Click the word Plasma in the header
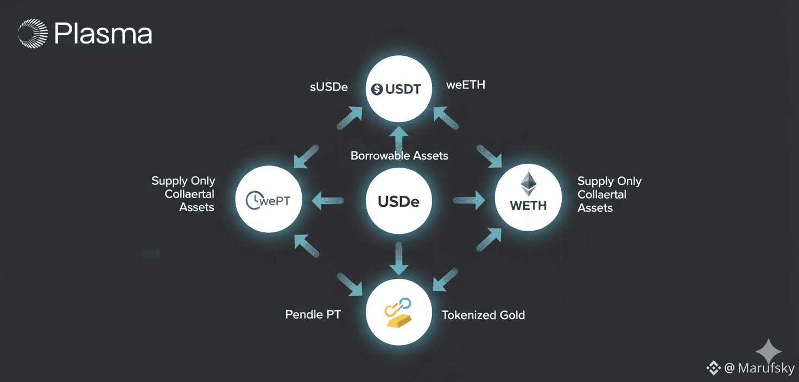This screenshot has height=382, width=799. [103, 34]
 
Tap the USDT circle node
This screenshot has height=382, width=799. [399, 90]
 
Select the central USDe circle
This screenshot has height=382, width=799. [399, 201]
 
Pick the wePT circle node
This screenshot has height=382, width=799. [268, 200]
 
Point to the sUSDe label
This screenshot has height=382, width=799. [329, 87]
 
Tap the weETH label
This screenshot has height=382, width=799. [465, 85]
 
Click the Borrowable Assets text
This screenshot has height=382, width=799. [399, 156]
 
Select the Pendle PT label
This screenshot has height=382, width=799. [313, 314]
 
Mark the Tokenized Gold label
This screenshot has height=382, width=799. [483, 315]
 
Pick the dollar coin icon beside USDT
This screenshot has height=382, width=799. [377, 90]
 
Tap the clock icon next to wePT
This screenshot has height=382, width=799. [253, 201]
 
